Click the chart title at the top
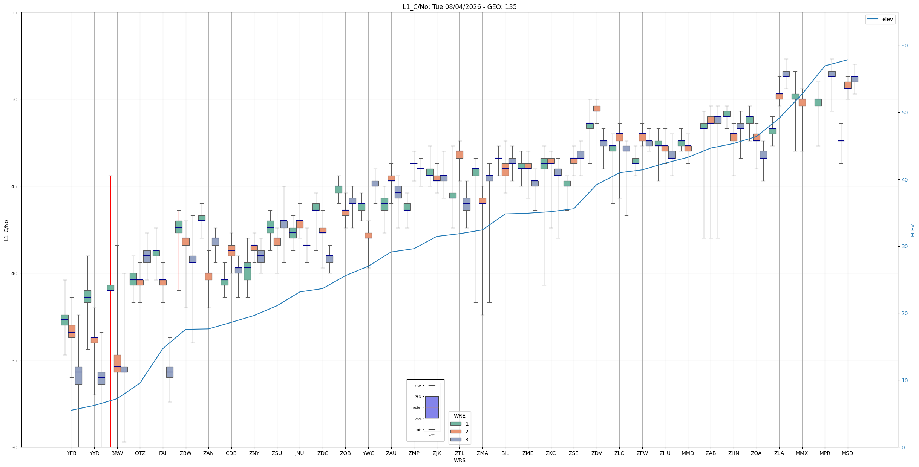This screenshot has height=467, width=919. (x=459, y=7)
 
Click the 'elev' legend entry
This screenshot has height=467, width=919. (x=880, y=19)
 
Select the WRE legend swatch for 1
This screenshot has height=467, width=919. (x=456, y=424)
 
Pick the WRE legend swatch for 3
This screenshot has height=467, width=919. (x=456, y=440)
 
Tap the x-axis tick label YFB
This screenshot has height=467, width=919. (x=72, y=453)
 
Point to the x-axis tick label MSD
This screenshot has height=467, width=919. (x=847, y=453)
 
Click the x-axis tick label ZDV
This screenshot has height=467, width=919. (x=597, y=453)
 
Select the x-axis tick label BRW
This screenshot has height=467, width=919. (x=117, y=453)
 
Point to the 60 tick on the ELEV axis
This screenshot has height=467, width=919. (x=904, y=46)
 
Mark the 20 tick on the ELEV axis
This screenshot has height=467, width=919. (x=904, y=313)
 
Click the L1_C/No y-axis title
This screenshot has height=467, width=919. (x=6, y=230)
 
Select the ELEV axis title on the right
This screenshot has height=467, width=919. (x=913, y=230)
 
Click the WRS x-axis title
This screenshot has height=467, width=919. (x=459, y=460)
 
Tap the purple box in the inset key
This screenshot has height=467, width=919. (x=432, y=407)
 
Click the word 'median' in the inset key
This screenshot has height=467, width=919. (x=416, y=408)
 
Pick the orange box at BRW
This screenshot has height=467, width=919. (x=117, y=363)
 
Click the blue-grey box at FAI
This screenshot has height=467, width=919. (x=170, y=372)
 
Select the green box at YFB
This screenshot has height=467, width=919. (x=65, y=320)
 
